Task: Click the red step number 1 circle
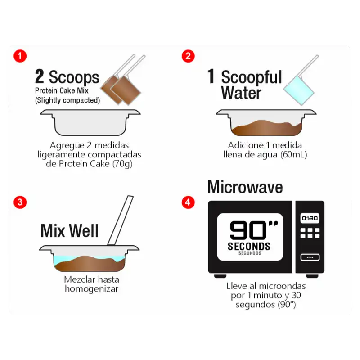20,56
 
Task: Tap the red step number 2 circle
188,56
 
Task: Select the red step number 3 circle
20,202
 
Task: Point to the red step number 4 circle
188,202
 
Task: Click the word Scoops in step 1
74,77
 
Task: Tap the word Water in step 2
241,93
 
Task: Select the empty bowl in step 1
90,122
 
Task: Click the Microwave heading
245,187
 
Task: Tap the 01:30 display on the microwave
310,218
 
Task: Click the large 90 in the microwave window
248,230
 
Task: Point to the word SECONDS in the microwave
249,246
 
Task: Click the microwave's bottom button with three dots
310,257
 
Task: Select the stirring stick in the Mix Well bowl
120,220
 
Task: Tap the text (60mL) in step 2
294,154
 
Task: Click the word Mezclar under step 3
78,279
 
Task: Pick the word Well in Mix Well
84,230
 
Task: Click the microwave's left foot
220,276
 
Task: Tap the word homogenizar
92,289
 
